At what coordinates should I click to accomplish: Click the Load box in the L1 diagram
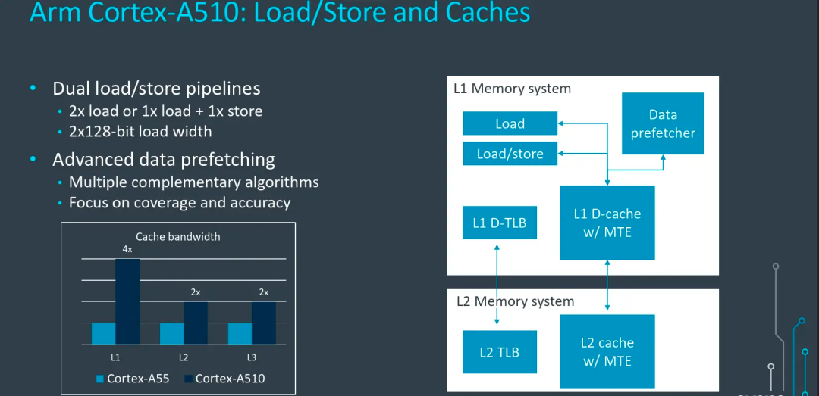(x=510, y=123)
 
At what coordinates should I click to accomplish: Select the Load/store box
(x=510, y=154)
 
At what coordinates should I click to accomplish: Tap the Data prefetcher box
(x=663, y=123)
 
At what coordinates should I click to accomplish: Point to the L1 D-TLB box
(x=499, y=223)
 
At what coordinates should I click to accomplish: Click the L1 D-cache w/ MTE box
(x=607, y=223)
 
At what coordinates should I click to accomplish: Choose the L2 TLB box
(x=499, y=352)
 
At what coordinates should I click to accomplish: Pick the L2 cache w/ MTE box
(x=607, y=351)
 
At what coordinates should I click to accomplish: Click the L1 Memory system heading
(x=512, y=89)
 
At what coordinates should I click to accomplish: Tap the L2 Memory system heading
(x=515, y=301)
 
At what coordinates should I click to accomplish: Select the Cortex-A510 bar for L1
(x=127, y=301)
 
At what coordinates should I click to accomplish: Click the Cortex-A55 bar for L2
(x=171, y=333)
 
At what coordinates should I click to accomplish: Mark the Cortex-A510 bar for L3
(x=264, y=323)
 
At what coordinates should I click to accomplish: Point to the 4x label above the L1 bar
(x=127, y=249)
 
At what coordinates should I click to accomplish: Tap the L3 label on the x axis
(x=252, y=357)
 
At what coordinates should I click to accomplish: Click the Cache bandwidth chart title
(x=178, y=236)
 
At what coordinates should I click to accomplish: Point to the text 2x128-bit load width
(x=140, y=131)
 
